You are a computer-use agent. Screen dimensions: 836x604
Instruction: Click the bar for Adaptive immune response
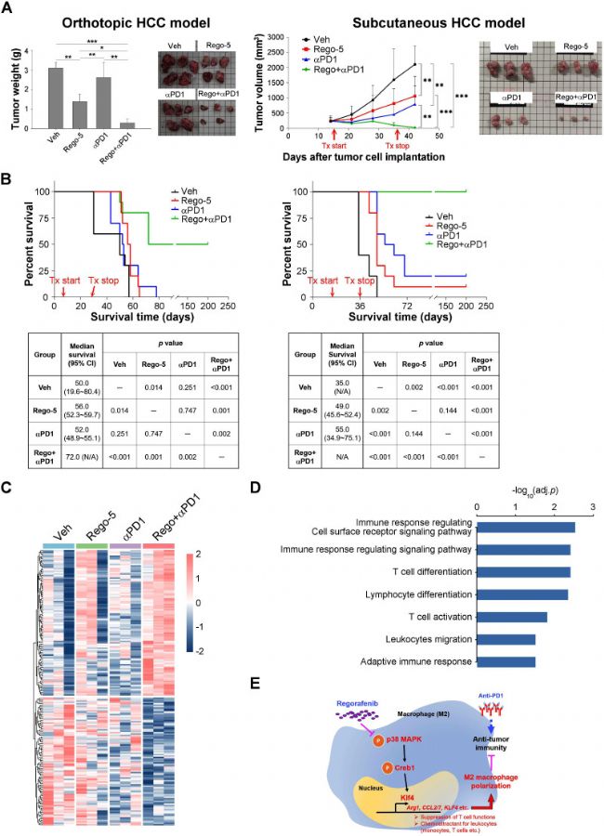pyautogui.click(x=506, y=661)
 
